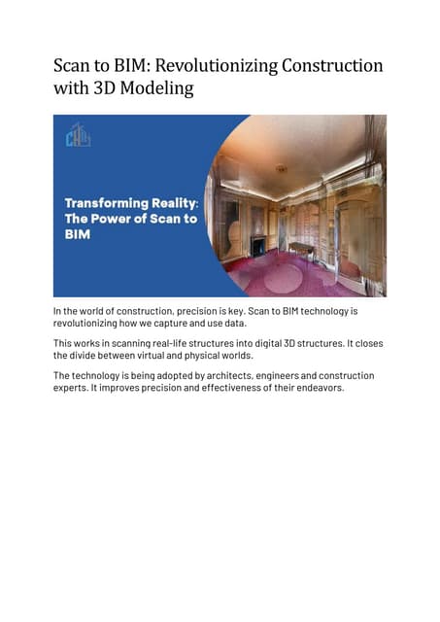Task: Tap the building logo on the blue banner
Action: click(78, 135)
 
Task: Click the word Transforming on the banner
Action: click(103, 203)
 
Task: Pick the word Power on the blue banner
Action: click(118, 219)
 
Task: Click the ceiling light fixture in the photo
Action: click(282, 169)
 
